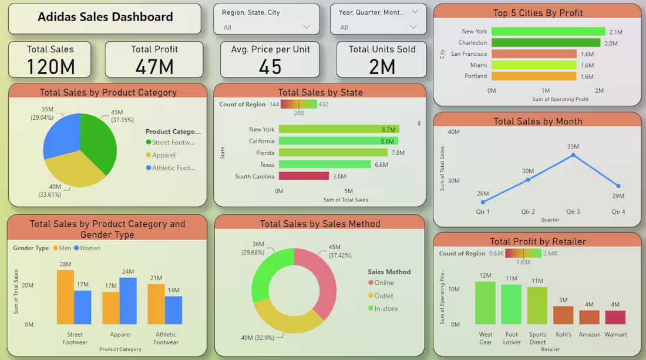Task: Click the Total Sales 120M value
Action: (51, 67)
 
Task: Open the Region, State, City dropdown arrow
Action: (306, 27)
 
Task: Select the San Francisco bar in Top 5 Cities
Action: (534, 54)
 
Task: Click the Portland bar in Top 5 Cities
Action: (534, 76)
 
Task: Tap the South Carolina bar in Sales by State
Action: (304, 176)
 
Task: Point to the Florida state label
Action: (265, 153)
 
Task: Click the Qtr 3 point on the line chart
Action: (573, 155)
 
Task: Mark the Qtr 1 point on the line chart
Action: (483, 202)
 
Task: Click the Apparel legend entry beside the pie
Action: (161, 155)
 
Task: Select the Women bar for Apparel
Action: (128, 301)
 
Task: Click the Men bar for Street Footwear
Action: (66, 297)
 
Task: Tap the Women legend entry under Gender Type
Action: (87, 248)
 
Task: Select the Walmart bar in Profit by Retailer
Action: (615, 317)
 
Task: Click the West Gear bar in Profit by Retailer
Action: (485, 303)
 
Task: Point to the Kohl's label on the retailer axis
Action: (563, 335)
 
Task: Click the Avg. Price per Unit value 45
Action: (270, 67)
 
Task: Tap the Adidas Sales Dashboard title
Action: (105, 17)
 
